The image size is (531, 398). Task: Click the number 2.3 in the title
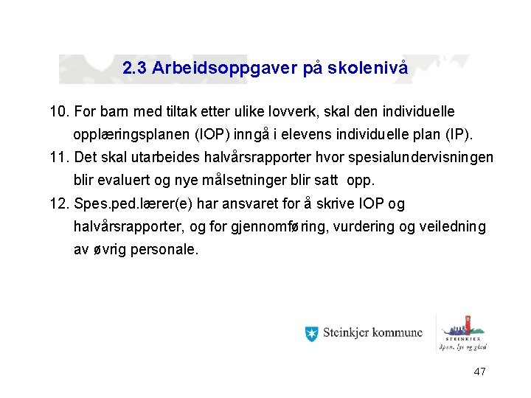pos(134,69)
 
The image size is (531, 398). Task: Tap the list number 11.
pos(59,158)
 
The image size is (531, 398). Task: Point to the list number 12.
pos(59,203)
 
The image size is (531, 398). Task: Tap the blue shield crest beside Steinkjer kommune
pos(311,333)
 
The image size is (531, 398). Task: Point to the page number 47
pos(479,372)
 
